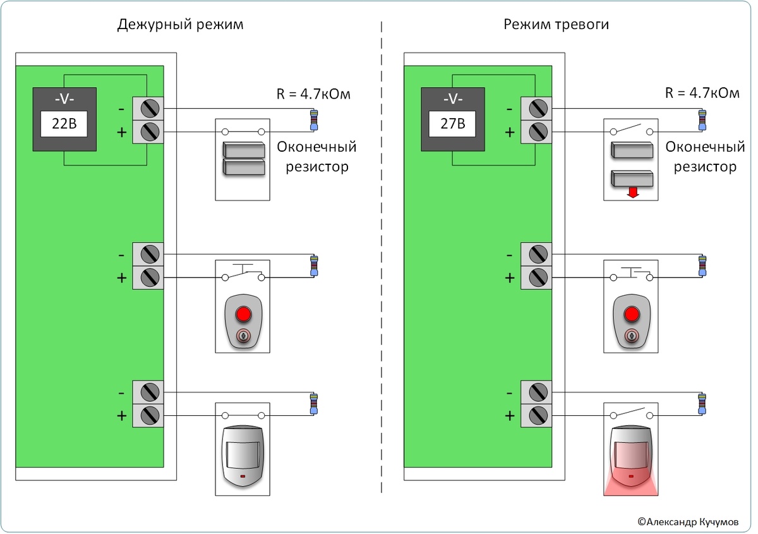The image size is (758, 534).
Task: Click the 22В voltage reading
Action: point(64,124)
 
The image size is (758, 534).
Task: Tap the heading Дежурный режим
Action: point(180,25)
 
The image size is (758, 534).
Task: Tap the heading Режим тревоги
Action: point(556,25)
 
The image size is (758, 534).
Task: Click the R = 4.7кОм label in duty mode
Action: point(313,95)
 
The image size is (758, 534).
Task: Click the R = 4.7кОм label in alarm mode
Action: point(702,95)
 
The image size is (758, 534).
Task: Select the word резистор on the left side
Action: point(316,167)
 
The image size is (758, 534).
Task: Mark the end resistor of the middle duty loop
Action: point(314,265)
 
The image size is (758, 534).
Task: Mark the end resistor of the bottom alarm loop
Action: point(702,404)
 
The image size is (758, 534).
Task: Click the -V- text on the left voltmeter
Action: point(64,99)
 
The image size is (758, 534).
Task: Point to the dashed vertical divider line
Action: point(382,265)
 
